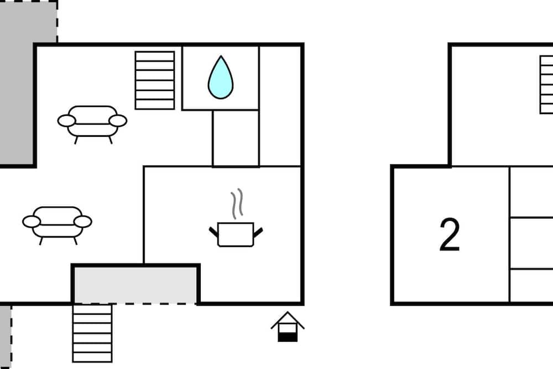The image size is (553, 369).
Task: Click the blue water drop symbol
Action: click(x=221, y=78)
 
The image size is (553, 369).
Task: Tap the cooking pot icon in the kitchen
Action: click(x=236, y=234)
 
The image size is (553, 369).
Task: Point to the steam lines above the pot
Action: click(x=237, y=203)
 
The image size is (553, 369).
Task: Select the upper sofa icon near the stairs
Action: click(x=92, y=124)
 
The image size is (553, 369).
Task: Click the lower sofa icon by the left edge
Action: click(x=57, y=225)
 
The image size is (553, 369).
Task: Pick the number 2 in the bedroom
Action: click(x=450, y=234)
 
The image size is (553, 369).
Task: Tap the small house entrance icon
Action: click(x=288, y=326)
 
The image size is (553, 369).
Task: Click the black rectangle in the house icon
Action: click(x=288, y=337)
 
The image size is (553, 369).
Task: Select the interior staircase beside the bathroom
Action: click(x=155, y=80)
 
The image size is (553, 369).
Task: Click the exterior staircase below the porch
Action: click(x=92, y=333)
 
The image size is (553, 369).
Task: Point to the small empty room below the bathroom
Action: click(x=236, y=138)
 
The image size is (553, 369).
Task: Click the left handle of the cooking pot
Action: click(x=213, y=232)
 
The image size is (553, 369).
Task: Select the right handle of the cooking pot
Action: click(x=258, y=232)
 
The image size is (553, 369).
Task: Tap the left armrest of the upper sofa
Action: click(x=66, y=121)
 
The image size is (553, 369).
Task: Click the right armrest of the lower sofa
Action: click(x=83, y=222)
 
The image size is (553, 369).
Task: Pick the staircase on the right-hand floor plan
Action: click(x=546, y=84)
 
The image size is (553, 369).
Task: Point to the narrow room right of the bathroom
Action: click(x=280, y=106)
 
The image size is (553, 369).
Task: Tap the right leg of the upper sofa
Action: click(x=111, y=140)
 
